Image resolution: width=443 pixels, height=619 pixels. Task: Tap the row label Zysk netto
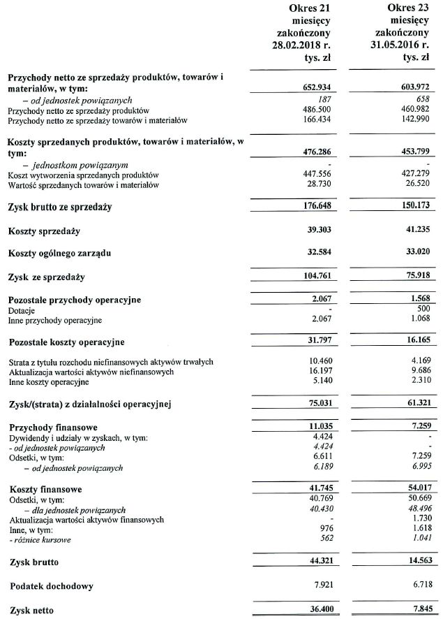point(32,610)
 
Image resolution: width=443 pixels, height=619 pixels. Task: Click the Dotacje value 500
point(421,310)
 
